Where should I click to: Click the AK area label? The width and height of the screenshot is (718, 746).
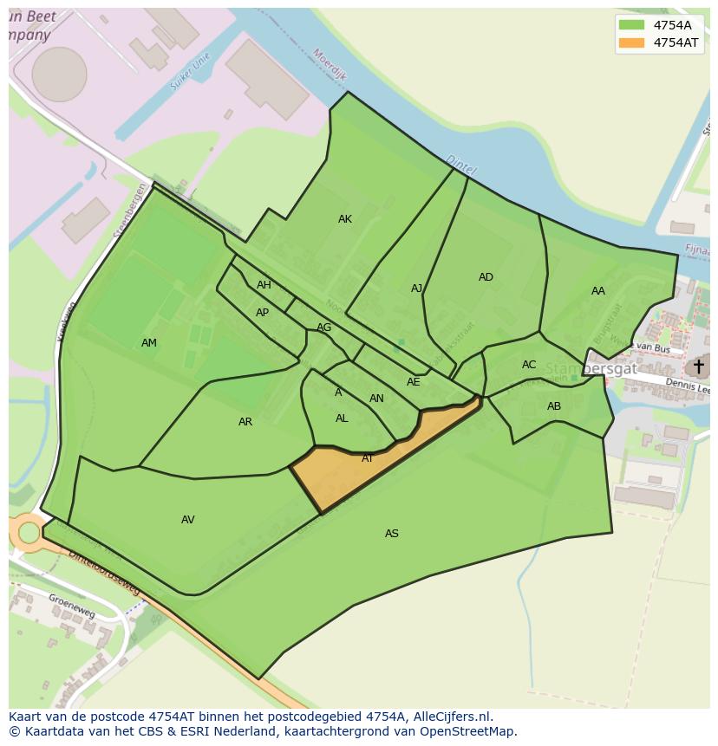[345, 219]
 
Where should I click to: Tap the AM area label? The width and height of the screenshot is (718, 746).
[149, 343]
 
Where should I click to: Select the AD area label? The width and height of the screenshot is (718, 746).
[486, 277]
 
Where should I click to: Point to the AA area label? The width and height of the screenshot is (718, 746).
[598, 291]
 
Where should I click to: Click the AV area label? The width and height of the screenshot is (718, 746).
[188, 520]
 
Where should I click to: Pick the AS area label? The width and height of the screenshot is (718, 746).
[392, 534]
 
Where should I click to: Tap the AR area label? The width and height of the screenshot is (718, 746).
[245, 422]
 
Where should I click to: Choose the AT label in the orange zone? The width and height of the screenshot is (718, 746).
[368, 458]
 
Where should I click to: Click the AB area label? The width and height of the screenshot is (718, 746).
[554, 406]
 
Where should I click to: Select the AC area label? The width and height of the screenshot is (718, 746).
[529, 365]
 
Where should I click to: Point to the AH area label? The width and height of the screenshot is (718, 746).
[264, 285]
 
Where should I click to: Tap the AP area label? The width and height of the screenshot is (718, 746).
[262, 313]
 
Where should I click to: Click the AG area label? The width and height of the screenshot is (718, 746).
[324, 328]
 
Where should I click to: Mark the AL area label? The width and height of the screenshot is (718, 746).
[342, 418]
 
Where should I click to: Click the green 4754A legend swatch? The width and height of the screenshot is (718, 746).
[632, 25]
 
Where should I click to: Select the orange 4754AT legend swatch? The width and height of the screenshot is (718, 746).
[632, 42]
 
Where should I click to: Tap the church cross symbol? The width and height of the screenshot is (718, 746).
[698, 367]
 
